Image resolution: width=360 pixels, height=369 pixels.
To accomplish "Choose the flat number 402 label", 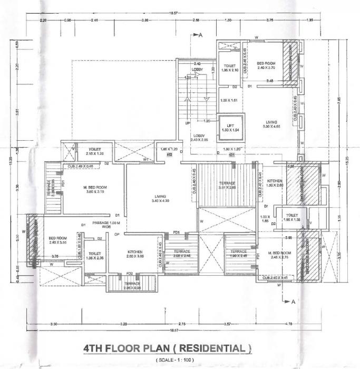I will click(170, 154).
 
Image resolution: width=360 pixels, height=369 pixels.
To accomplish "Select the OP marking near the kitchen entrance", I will click(118, 234).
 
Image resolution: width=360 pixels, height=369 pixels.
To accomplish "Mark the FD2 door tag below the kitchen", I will click(129, 274).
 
